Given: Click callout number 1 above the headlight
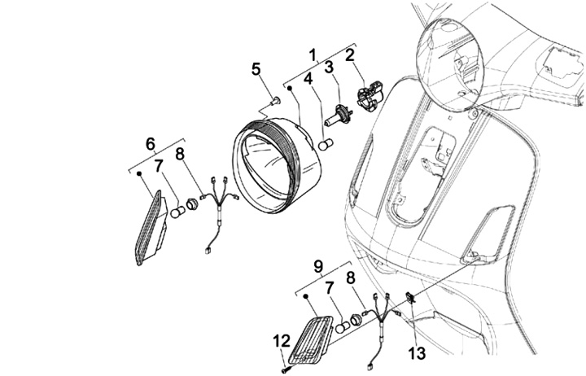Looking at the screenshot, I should [x=312, y=55].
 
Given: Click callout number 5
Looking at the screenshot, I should [x=256, y=69].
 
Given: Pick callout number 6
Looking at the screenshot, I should [x=150, y=143].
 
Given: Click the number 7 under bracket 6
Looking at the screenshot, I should [x=160, y=166].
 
